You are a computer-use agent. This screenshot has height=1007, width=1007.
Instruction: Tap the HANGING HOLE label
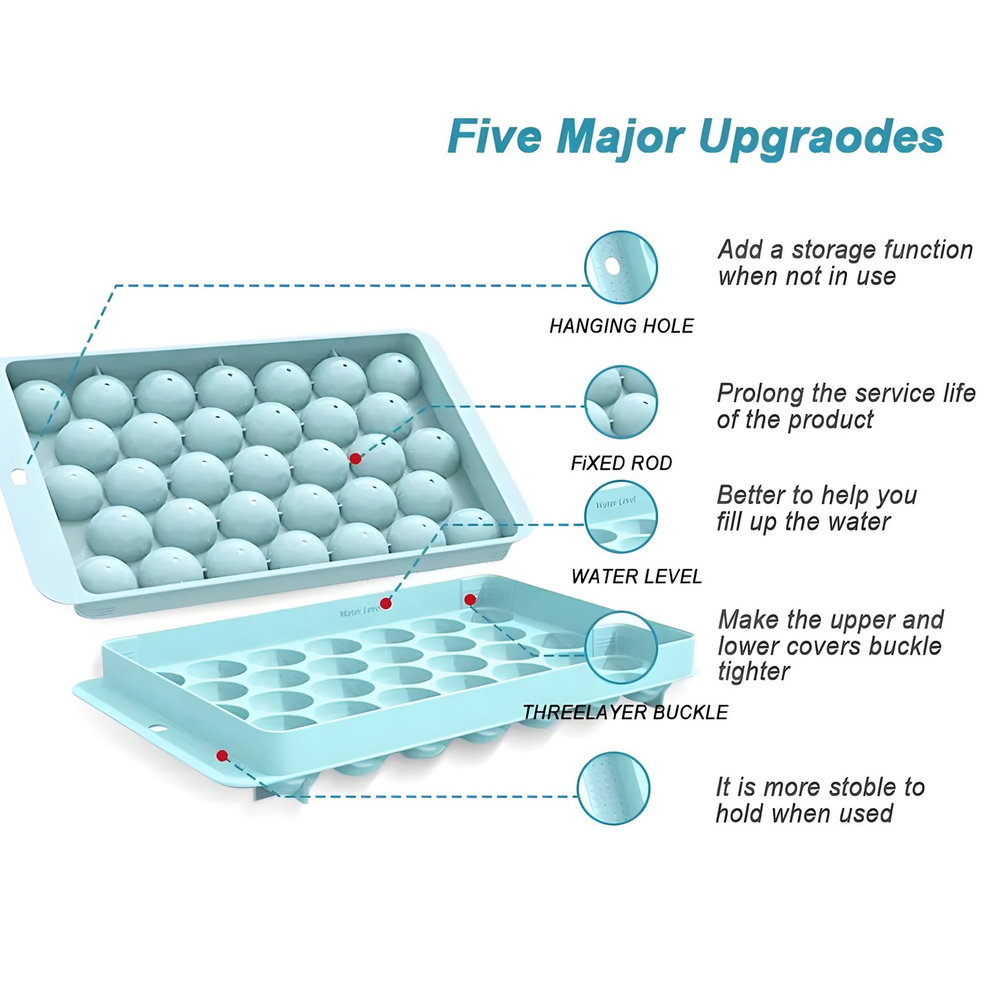click(x=621, y=326)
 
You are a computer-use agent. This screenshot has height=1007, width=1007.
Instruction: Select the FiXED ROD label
click(x=621, y=463)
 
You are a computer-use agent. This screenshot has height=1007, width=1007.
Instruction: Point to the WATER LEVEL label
click(x=636, y=577)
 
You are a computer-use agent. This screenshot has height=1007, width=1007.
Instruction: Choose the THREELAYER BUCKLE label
click(x=626, y=712)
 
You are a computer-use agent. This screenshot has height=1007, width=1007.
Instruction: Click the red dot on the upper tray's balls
click(x=355, y=459)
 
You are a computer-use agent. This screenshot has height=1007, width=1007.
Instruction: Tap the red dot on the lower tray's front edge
click(x=222, y=755)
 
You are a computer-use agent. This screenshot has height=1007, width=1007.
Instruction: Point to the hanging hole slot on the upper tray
click(x=19, y=478)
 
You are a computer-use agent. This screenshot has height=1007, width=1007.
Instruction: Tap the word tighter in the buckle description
click(x=753, y=672)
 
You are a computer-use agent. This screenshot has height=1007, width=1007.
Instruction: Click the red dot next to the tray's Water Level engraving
click(x=386, y=604)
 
